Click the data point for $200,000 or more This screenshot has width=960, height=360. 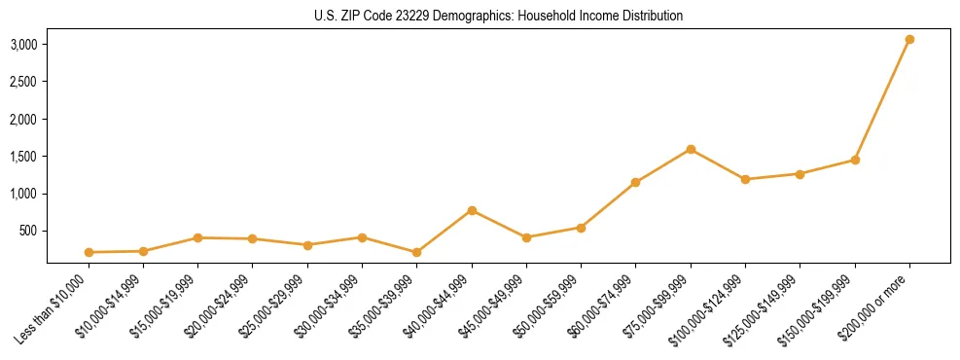[x=909, y=40]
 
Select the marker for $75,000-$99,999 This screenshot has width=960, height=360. [x=691, y=149]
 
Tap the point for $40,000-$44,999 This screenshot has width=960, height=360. [x=472, y=210]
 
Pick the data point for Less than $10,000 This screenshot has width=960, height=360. [x=89, y=252]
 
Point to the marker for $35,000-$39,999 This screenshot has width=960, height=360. [x=417, y=252]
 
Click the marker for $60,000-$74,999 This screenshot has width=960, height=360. [x=636, y=182]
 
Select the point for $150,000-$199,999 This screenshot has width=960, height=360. [x=855, y=160]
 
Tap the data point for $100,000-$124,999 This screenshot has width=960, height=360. [x=745, y=179]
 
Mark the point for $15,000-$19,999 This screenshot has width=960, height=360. [x=197, y=237]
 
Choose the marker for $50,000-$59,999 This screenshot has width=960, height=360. [x=581, y=228]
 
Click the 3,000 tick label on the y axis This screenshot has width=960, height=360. [x=24, y=45]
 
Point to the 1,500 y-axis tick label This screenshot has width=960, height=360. [x=24, y=157]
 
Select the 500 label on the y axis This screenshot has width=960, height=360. [x=28, y=232]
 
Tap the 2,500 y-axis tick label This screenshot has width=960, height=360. [x=24, y=82]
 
